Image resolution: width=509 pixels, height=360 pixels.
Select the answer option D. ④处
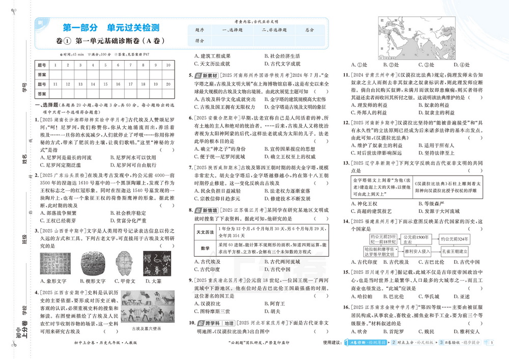pos(461,65)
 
